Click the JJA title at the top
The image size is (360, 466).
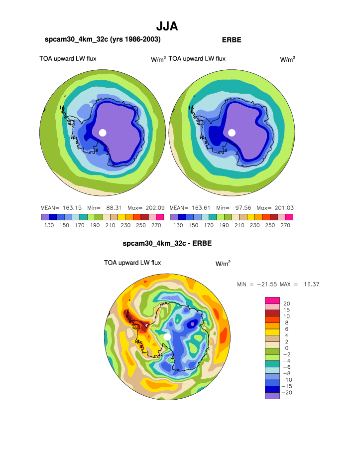click(167, 26)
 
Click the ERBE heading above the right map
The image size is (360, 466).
click(231, 40)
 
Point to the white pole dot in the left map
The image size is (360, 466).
click(103, 132)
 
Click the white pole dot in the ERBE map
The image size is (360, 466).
click(232, 132)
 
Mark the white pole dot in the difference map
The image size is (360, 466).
click(167, 337)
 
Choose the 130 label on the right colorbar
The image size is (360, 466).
click(178, 225)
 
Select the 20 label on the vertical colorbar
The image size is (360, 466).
click(286, 304)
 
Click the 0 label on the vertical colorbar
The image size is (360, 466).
click(286, 348)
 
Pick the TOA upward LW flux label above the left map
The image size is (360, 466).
click(68, 59)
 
